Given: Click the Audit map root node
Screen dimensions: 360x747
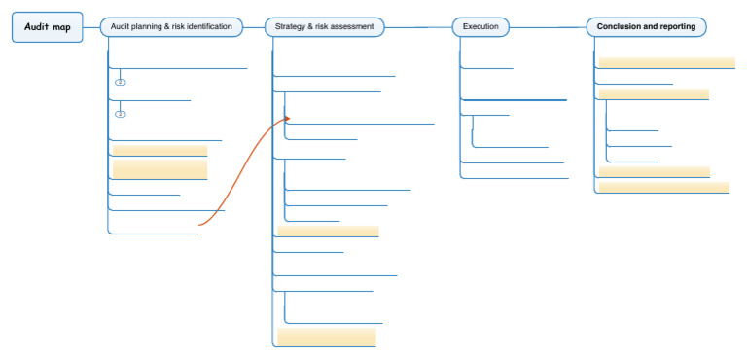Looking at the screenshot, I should (x=47, y=27).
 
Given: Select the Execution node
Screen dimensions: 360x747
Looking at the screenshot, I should (x=480, y=27).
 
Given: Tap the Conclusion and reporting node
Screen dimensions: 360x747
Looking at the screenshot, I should (x=647, y=27).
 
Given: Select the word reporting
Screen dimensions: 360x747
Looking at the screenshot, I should (x=677, y=27).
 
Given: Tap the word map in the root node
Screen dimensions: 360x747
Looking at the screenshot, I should (x=60, y=27).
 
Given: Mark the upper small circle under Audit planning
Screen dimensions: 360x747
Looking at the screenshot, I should (x=121, y=82).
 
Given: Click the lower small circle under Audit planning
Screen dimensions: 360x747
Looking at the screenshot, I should (x=121, y=114).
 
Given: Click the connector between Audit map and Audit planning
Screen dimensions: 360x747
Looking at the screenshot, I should (x=90, y=27).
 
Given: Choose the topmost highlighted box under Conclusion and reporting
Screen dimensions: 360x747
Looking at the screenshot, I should (x=666, y=62).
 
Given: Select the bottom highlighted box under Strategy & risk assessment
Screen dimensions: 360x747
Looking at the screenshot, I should (x=327, y=337).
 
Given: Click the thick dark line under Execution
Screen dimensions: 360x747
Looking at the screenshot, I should (x=514, y=100).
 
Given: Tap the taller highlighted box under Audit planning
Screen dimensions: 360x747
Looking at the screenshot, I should (x=160, y=169).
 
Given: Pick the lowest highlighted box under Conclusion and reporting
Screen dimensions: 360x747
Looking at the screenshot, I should (x=663, y=186).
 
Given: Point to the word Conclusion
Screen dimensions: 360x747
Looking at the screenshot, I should (x=620, y=27).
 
